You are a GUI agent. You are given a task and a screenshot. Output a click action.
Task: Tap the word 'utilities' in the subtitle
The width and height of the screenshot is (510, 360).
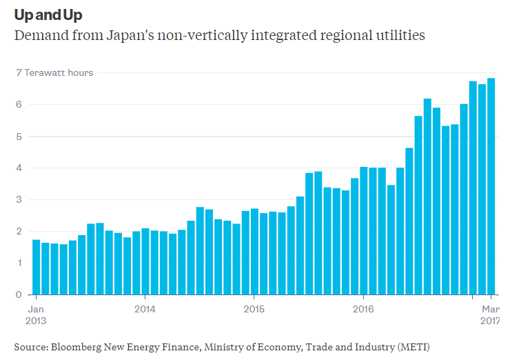pyautogui.click(x=398, y=34)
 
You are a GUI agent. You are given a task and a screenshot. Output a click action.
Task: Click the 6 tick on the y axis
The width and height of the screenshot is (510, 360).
pyautogui.click(x=19, y=105)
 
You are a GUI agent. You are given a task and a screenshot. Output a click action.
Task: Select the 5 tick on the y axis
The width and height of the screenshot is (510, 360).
pyautogui.click(x=19, y=137)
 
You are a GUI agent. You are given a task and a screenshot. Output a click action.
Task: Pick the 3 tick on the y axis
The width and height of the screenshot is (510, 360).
pyautogui.click(x=19, y=200)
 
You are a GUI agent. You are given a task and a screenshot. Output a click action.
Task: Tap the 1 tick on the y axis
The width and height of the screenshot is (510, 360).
pyautogui.click(x=19, y=263)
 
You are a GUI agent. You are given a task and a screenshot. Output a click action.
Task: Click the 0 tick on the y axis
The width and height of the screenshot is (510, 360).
pyautogui.click(x=19, y=295)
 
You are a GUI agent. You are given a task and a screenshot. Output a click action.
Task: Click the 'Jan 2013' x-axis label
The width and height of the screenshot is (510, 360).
pyautogui.click(x=36, y=314)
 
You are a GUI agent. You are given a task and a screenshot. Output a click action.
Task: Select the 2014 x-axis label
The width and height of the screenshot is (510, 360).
pyautogui.click(x=145, y=309)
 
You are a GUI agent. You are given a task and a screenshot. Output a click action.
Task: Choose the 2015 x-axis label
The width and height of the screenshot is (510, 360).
pyautogui.click(x=254, y=309)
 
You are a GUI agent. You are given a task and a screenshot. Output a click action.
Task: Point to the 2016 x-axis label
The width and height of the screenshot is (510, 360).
pyautogui.click(x=363, y=309)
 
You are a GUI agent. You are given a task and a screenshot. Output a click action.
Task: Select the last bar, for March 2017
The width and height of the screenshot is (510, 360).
pyautogui.click(x=491, y=186)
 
